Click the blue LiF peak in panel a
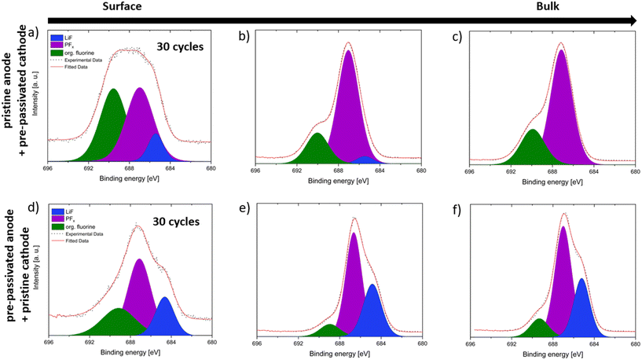pos(156,151)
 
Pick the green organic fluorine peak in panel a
pos(112,126)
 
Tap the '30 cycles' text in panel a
pos(180,46)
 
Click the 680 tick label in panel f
pos(635,347)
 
